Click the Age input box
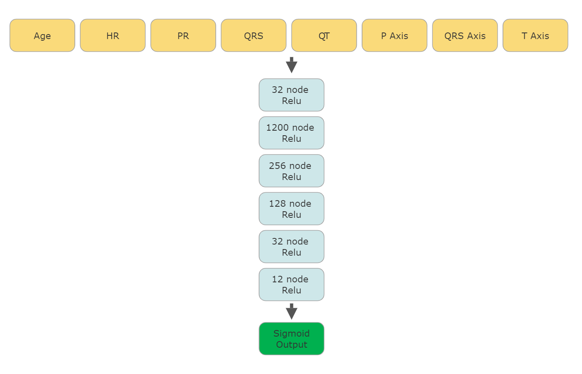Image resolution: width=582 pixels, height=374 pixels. pos(42,35)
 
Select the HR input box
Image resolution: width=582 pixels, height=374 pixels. pos(113,35)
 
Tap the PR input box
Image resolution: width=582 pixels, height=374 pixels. pos(183,35)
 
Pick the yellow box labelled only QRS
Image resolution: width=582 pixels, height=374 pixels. pos(254,35)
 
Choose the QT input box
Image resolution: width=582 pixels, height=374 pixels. pos(324,35)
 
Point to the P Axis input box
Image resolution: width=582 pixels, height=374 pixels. pos(394,35)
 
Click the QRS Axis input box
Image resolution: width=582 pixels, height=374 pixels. pos(465,35)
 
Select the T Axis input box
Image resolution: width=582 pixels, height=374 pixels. pos(535,35)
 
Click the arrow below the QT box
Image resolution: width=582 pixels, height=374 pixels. pos(291,65)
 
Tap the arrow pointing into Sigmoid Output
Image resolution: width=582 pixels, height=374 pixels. pos(291,312)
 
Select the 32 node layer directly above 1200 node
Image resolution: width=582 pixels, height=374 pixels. pos(291,95)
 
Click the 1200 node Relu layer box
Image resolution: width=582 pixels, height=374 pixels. pos(291,133)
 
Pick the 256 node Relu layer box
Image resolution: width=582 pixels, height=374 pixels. pos(291,171)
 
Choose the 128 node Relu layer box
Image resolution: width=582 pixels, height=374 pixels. pos(291,209)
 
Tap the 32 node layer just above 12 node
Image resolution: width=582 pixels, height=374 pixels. pos(291,247)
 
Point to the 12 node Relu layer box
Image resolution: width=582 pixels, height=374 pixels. pos(291,284)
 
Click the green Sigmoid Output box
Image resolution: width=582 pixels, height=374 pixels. pos(291,339)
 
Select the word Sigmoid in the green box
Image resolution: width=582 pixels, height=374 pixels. pos(291,333)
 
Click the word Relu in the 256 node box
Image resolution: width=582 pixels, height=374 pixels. pos(291,177)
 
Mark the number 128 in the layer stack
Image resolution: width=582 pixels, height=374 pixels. pos(277,203)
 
